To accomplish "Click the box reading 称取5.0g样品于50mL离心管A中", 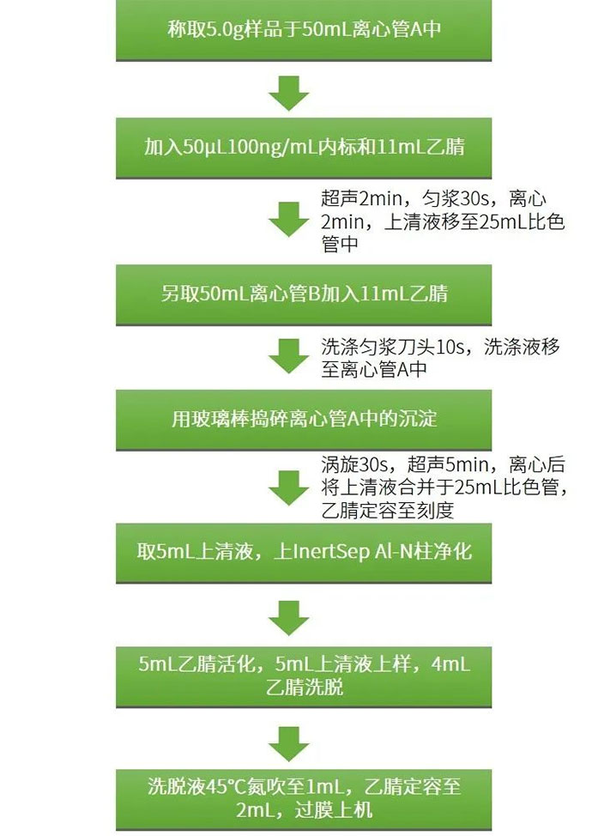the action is coord(304,30).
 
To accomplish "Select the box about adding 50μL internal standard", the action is coord(304,148).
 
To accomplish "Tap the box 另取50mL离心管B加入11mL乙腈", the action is coord(304,295).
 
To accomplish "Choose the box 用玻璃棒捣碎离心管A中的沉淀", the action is coord(304,420).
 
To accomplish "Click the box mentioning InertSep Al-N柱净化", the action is coord(304,553).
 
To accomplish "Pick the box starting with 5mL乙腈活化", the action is coord(304,677).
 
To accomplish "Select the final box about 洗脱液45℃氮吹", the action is coord(304,799).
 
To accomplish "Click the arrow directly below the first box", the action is coord(289,94).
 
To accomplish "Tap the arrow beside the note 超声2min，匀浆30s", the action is coord(289,219).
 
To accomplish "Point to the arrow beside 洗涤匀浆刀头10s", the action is coord(289,355).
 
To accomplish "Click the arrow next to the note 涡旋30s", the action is coord(289,488).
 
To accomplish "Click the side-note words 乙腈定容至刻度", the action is coord(388,511).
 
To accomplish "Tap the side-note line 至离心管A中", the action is coord(374,369).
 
